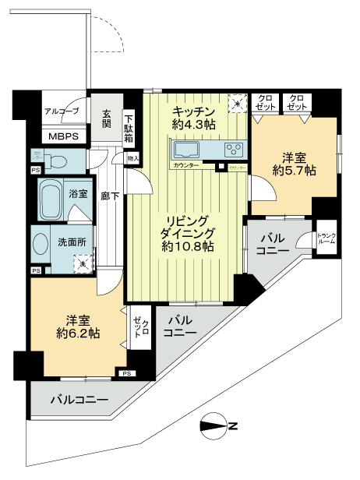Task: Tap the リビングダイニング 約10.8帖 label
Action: click(x=185, y=232)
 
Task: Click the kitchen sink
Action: click(x=188, y=149)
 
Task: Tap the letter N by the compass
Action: click(x=233, y=426)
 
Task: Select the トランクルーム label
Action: click(x=326, y=238)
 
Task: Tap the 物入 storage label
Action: click(x=132, y=159)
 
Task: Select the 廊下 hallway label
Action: click(x=109, y=197)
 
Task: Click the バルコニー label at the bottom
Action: click(x=75, y=401)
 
